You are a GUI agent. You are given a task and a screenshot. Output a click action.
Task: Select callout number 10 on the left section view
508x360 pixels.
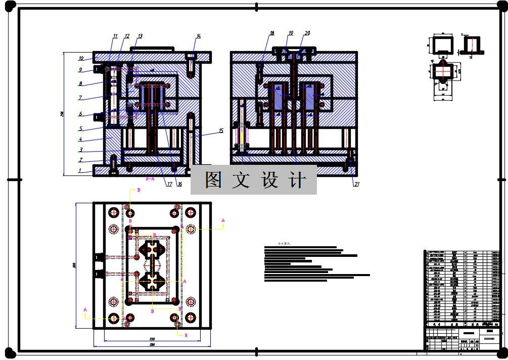coord(81,59)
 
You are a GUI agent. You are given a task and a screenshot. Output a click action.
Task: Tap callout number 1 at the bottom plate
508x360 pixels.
coord(79,171)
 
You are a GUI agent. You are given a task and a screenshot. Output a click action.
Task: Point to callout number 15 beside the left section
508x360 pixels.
coord(221,131)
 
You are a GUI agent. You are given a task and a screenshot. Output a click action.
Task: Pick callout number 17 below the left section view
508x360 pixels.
coord(169,184)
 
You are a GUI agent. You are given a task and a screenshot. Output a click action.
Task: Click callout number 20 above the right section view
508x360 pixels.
coord(307,33)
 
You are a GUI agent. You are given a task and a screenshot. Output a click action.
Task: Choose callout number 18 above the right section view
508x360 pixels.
coord(272,33)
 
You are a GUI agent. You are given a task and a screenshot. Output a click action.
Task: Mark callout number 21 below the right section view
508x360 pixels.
coord(356,184)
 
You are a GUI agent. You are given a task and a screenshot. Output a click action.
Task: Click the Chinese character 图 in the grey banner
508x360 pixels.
coord(213,180)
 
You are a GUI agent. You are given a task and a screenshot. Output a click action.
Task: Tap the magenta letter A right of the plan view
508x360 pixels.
coord(223,220)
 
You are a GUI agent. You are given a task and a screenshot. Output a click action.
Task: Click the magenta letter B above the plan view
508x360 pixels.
coord(138,190)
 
